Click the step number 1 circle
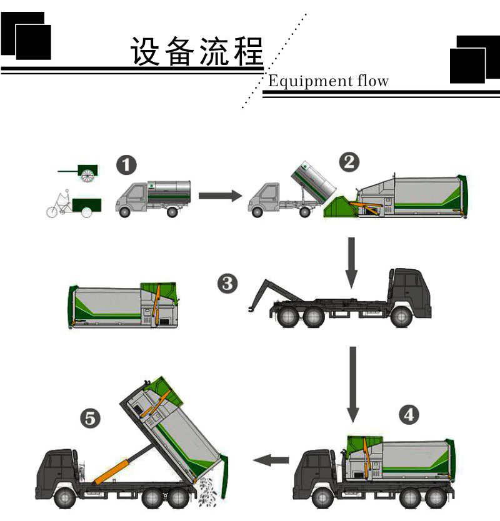tap(127, 167)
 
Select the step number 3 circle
tap(227, 284)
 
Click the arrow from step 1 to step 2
tap(219, 196)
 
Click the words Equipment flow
tap(328, 81)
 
